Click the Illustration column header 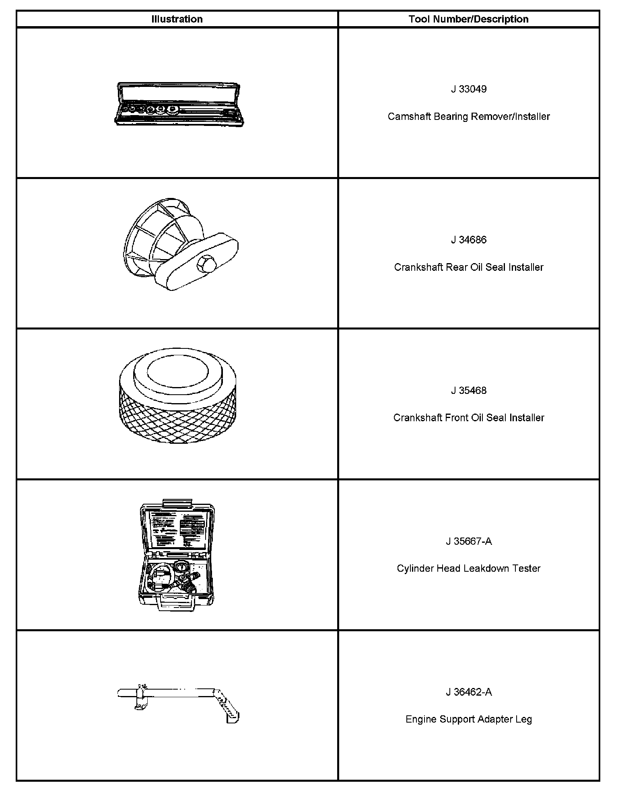(x=177, y=19)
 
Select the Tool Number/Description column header (x=468, y=19)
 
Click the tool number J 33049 (x=468, y=89)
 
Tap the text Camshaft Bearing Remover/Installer (x=468, y=116)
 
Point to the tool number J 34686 (x=468, y=240)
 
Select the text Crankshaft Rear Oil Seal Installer (x=468, y=267)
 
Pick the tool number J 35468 (x=468, y=390)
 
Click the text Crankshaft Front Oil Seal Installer (x=468, y=418)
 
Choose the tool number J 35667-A (x=468, y=541)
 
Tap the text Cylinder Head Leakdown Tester (x=468, y=568)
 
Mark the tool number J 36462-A (x=468, y=692)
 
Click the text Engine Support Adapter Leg (x=468, y=719)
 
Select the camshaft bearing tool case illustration (x=179, y=105)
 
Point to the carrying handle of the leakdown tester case (x=176, y=604)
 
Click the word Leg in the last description (x=523, y=719)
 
